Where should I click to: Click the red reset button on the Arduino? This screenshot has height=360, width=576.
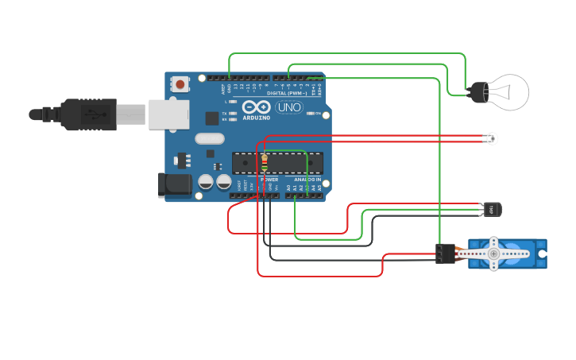click(181, 83)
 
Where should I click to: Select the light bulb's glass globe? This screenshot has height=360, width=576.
click(508, 93)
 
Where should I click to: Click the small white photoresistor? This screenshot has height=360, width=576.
click(493, 139)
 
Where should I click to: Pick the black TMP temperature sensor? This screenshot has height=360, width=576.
click(490, 210)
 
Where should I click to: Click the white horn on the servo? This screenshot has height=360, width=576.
click(494, 253)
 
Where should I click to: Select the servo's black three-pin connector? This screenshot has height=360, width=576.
click(445, 254)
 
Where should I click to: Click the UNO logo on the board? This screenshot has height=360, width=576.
click(288, 107)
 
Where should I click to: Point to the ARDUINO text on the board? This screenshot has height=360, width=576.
click(257, 118)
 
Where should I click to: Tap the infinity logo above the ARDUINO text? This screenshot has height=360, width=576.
click(257, 107)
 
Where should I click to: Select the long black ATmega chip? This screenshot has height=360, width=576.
click(277, 162)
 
